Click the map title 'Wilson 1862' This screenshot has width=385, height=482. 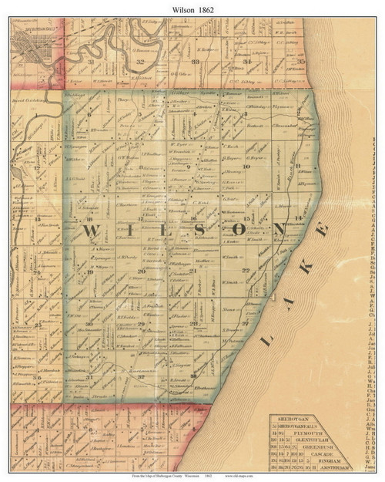192,9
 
